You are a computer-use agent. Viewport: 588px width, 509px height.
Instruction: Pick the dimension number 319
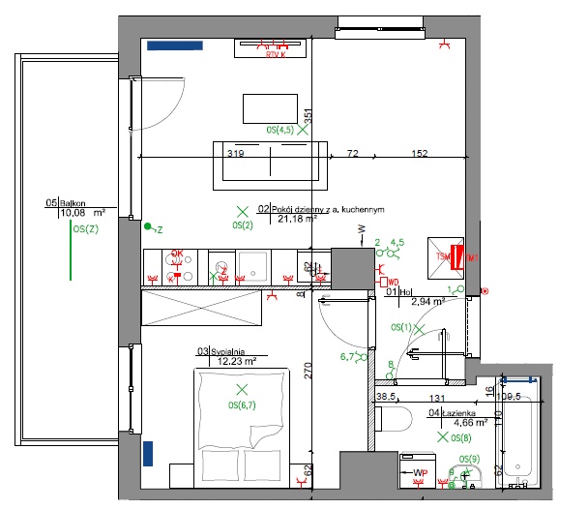(x=235, y=153)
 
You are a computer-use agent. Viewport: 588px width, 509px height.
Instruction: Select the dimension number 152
(x=419, y=153)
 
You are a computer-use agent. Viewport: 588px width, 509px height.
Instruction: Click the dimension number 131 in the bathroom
(x=437, y=398)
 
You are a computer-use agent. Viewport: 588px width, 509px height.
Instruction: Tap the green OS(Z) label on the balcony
(x=85, y=229)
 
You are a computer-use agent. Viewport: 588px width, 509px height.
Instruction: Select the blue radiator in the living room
(x=176, y=45)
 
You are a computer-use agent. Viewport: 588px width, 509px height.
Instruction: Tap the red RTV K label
(x=277, y=55)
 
